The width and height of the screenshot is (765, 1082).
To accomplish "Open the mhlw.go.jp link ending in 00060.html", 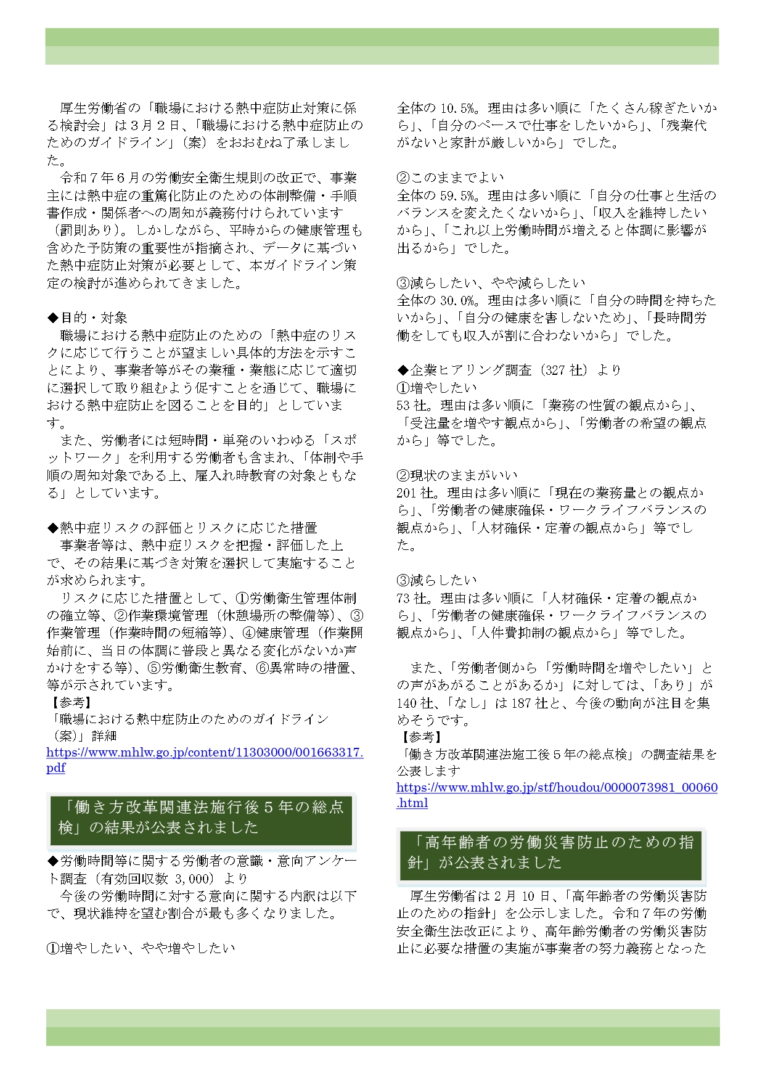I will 557,788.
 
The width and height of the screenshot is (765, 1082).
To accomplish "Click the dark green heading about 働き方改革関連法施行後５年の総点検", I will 201,818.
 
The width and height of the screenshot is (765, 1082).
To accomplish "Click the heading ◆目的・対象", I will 88,318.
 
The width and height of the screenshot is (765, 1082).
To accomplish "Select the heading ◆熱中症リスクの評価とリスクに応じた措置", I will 182,528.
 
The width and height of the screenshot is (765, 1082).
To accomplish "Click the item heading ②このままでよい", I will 450,178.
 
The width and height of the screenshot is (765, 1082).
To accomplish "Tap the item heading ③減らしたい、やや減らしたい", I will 491,283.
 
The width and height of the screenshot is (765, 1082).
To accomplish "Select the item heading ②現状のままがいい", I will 457,475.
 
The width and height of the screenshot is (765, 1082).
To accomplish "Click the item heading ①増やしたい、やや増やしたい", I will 141,949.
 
